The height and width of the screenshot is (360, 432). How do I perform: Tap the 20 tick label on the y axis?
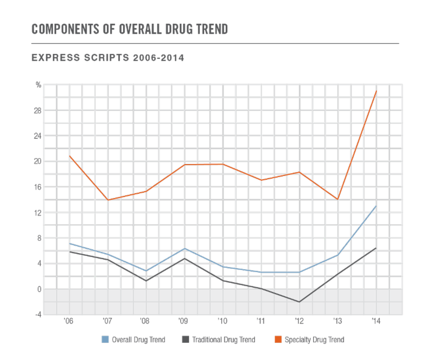[38, 161]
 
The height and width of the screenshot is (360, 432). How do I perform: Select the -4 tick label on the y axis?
[38, 314]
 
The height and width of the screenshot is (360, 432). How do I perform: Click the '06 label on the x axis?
[69, 321]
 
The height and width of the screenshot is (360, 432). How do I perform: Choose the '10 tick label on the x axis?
[222, 321]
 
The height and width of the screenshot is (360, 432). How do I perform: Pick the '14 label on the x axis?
[375, 321]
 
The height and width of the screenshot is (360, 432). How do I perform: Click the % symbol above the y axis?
[38, 85]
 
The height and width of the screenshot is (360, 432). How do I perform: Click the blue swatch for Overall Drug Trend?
[106, 340]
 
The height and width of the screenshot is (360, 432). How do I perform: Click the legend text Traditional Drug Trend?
[226, 340]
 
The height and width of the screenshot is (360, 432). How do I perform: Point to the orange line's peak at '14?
[376, 92]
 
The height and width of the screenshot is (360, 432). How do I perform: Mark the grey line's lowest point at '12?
[299, 302]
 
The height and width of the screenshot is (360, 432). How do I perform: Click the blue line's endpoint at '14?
[376, 206]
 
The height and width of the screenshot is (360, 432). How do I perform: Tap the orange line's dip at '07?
[107, 200]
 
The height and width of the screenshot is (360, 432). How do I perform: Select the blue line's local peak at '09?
[184, 249]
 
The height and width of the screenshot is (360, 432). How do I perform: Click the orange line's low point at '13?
[337, 199]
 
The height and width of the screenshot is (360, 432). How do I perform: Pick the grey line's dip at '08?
[146, 281]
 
